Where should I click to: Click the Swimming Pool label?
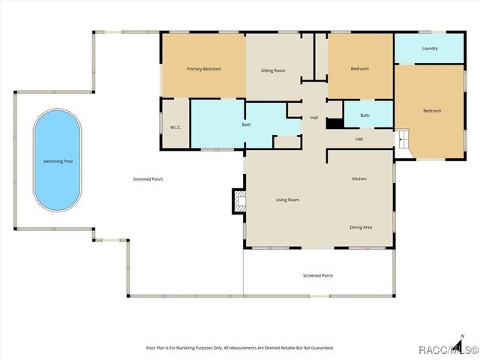click(x=58, y=161)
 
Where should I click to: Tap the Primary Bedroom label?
click(x=204, y=69)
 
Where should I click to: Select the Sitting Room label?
click(x=273, y=70)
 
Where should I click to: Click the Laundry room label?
click(x=430, y=48)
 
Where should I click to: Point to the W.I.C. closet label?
click(x=175, y=127)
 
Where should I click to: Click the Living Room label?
click(x=288, y=200)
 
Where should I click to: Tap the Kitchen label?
click(x=359, y=178)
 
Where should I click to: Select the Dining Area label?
click(x=361, y=227)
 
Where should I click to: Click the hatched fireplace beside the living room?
click(x=239, y=202)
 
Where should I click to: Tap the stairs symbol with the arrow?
click(x=403, y=139)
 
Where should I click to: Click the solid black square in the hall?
click(x=335, y=123)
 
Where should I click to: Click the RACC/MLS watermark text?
click(x=448, y=349)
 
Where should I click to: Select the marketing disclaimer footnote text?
click(x=240, y=348)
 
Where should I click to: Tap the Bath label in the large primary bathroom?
click(x=247, y=124)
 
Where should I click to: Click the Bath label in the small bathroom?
click(x=364, y=115)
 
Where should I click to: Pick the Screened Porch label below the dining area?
click(x=318, y=275)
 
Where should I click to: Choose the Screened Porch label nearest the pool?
click(x=148, y=179)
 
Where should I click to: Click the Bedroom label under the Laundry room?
click(x=432, y=111)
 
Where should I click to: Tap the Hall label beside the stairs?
click(x=359, y=139)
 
